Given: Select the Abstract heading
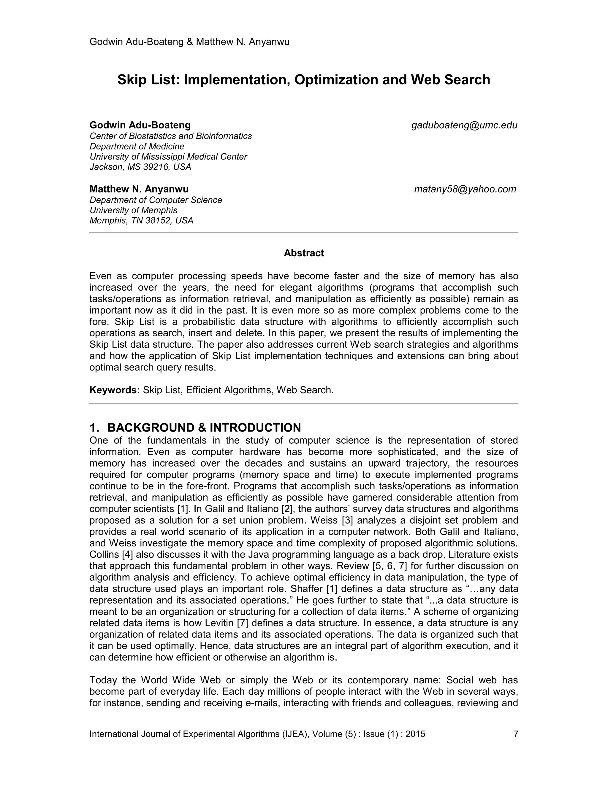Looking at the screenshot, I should [x=304, y=253].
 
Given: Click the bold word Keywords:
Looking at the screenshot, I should [x=115, y=390].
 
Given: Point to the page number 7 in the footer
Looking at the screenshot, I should [x=515, y=734].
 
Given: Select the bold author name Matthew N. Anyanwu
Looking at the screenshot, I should [x=139, y=189].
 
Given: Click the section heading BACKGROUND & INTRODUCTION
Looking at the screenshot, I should [x=204, y=427].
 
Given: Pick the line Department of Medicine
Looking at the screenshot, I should [x=137, y=147].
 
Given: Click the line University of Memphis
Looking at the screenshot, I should [x=133, y=210].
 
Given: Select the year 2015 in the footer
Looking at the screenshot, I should [x=415, y=734].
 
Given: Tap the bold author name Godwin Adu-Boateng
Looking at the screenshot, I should [x=140, y=125].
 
